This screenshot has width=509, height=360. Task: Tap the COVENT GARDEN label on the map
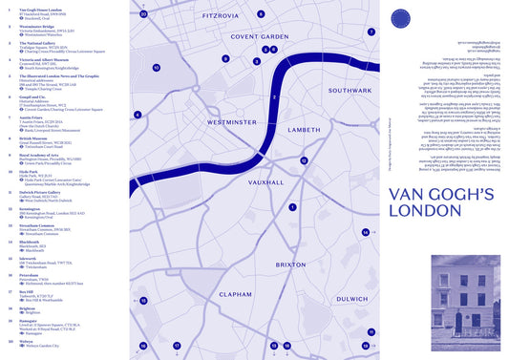click(259, 37)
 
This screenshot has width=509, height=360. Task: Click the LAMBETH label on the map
click(304, 129)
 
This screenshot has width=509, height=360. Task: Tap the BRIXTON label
click(291, 264)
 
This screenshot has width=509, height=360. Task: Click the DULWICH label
click(351, 299)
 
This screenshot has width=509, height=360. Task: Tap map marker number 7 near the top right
click(371, 32)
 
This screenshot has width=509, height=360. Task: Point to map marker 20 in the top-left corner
click(143, 14)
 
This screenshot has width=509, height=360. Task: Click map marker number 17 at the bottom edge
click(177, 345)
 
